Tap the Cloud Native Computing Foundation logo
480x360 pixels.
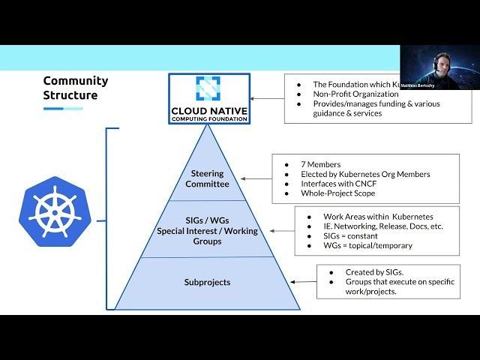209,98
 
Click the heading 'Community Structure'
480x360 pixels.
75,88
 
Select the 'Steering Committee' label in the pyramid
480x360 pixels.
207,178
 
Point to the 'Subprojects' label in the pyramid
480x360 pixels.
207,282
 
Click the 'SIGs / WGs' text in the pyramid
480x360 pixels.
207,220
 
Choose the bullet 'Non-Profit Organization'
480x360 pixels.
355,94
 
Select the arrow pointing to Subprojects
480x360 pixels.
304,282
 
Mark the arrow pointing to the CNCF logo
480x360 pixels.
267,98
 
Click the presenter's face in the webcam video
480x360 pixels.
440,66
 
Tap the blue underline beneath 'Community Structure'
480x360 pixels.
63,109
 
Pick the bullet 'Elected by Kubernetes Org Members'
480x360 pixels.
365,174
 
